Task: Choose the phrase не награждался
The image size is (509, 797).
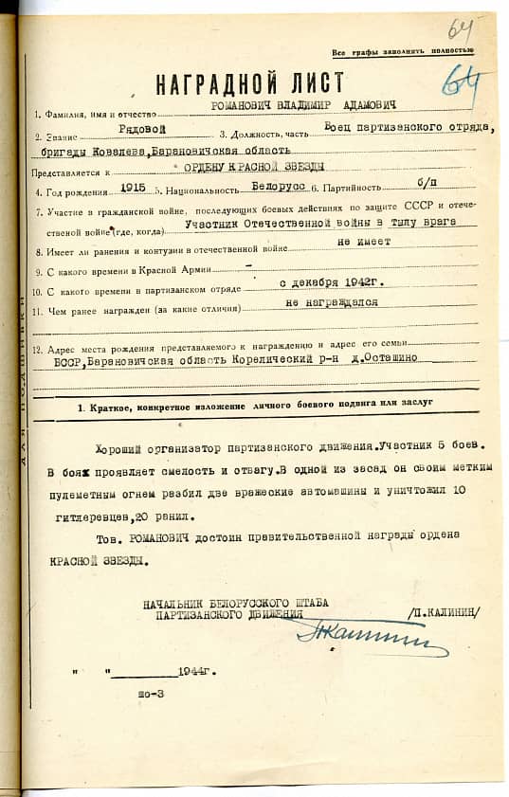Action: tap(332, 303)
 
